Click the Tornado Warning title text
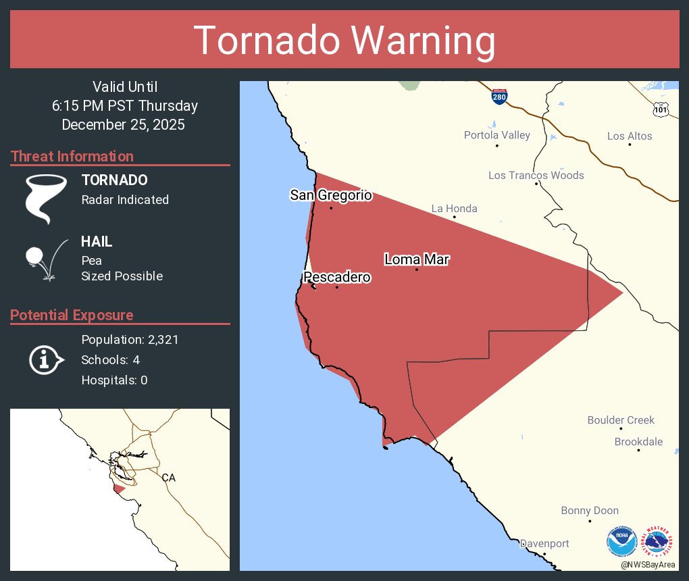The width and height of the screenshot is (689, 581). click(344, 41)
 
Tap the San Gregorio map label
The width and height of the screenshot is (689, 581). click(331, 195)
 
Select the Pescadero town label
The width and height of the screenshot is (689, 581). click(337, 277)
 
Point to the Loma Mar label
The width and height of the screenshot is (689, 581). click(417, 259)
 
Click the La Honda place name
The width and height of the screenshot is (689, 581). click(454, 208)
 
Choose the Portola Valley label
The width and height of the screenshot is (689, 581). click(496, 135)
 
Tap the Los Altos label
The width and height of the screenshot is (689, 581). click(630, 136)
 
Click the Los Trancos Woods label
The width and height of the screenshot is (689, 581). click(536, 175)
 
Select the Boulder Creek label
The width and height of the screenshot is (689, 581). click(621, 420)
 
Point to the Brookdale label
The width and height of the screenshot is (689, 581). click(638, 442)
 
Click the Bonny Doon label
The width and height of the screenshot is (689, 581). click(590, 511)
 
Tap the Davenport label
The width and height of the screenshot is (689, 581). click(544, 543)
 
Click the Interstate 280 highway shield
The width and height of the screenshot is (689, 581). click(499, 97)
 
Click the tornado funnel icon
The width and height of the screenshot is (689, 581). click(45, 199)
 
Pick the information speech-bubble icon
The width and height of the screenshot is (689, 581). click(45, 359)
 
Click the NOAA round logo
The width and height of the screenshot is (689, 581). click(621, 542)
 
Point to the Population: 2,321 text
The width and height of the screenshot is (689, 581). click(130, 340)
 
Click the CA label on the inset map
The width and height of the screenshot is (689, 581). click(168, 478)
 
